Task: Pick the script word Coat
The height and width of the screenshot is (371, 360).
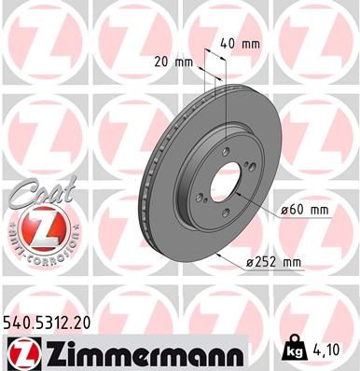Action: [36, 191]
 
